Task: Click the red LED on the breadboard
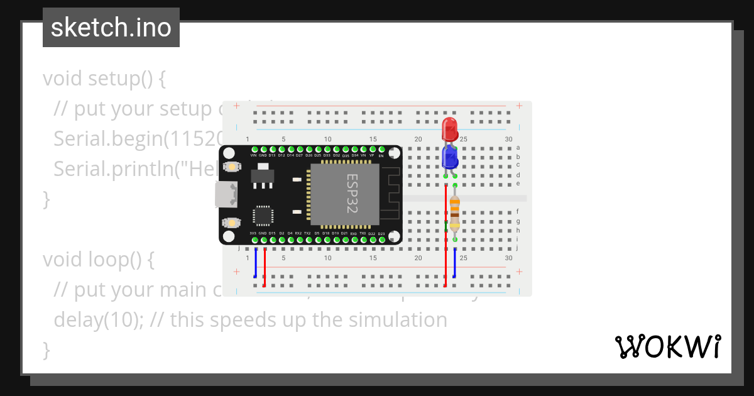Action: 450,129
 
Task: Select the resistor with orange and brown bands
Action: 454,212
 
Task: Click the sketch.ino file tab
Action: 111,28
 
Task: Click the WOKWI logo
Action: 667,346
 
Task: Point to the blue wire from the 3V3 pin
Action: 255,264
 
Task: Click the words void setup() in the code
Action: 104,79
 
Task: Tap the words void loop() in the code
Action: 97,260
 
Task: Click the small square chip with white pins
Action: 262,216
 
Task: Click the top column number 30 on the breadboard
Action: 508,139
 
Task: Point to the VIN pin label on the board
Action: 254,155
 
